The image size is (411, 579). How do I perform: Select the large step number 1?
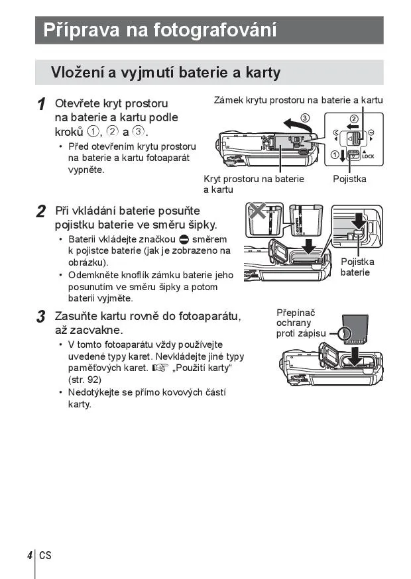pyautogui.click(x=41, y=105)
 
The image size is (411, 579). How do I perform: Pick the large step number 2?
pyautogui.click(x=41, y=211)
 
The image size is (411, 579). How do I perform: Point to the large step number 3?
pyautogui.click(x=41, y=317)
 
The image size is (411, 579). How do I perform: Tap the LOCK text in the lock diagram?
pyautogui.click(x=369, y=156)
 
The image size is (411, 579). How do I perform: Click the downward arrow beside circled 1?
pyautogui.click(x=341, y=156)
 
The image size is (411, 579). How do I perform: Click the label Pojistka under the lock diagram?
pyautogui.click(x=349, y=179)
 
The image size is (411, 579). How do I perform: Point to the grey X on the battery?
pyautogui.click(x=257, y=212)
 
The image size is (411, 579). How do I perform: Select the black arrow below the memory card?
pyautogui.click(x=357, y=356)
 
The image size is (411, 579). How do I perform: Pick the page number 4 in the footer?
pyautogui.click(x=30, y=554)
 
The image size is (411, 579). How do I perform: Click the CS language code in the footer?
pyautogui.click(x=44, y=554)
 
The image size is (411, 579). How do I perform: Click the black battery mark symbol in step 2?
pyautogui.click(x=184, y=239)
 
